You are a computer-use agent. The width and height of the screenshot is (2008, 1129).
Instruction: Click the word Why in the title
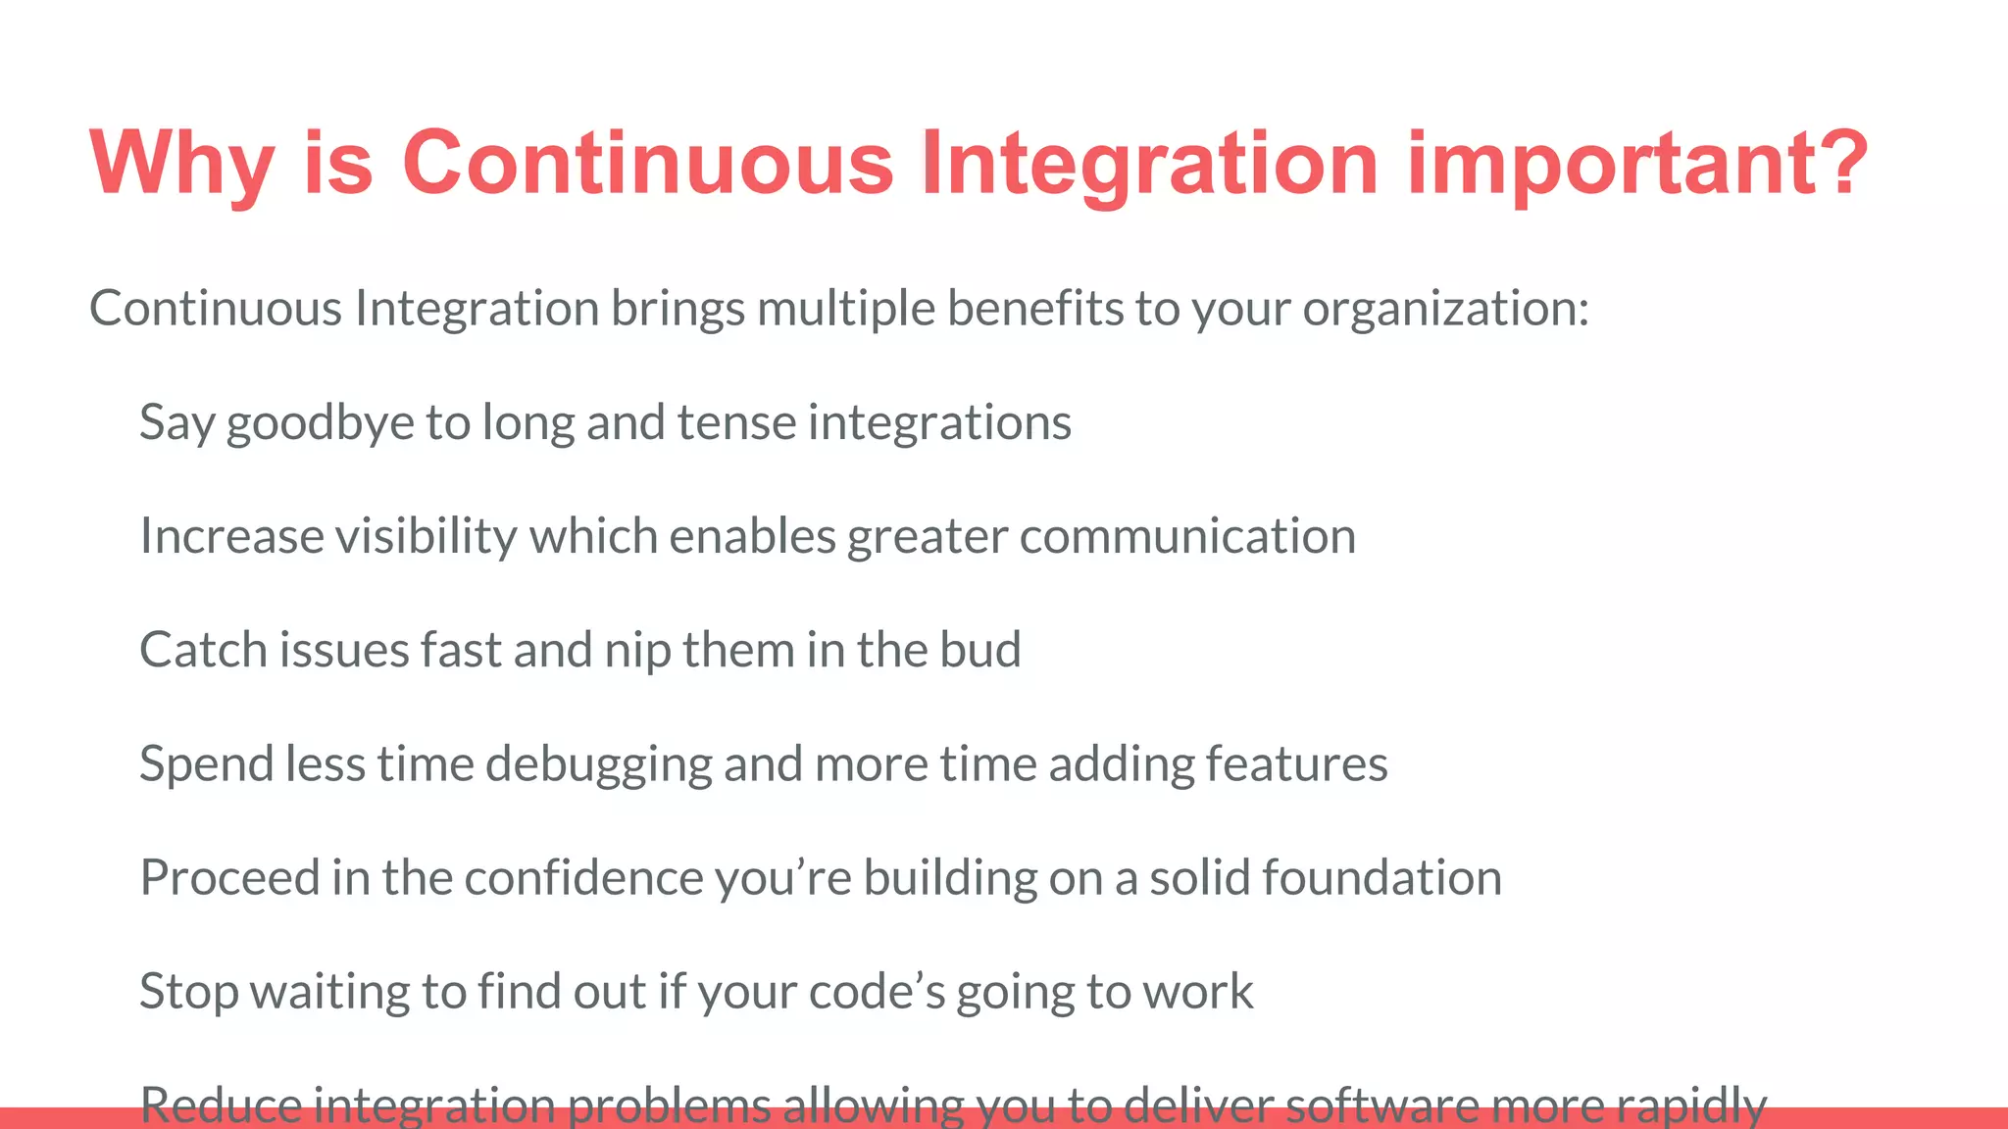click(181, 163)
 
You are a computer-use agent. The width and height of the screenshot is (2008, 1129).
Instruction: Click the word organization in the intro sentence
click(1444, 310)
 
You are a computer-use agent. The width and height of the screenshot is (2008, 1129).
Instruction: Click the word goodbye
click(321, 423)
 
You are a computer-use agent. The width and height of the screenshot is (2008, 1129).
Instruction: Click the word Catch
click(204, 650)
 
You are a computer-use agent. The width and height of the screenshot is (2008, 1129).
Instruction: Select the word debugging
click(598, 764)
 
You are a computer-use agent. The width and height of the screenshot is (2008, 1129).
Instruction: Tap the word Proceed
click(229, 877)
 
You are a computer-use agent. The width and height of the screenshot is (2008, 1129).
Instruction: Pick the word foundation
click(1381, 877)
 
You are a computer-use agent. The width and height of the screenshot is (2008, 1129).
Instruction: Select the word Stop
click(188, 991)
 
